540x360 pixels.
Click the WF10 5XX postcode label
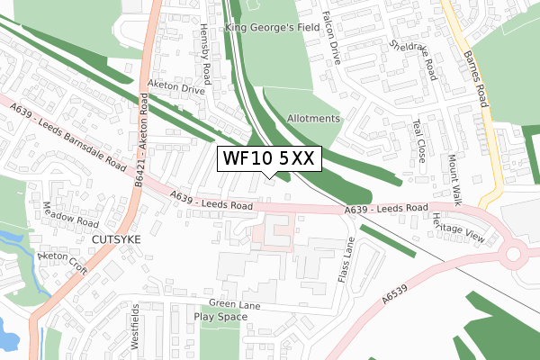(x=267, y=158)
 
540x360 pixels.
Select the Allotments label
(x=313, y=119)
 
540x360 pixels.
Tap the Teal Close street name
(x=419, y=141)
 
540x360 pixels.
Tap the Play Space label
(x=221, y=317)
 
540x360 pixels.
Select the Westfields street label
(x=136, y=328)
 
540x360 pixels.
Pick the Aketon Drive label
(x=175, y=91)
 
